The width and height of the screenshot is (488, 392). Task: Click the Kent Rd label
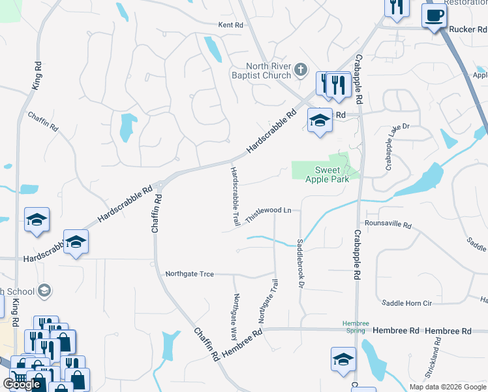click(230, 25)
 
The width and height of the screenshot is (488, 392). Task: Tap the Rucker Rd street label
click(468, 29)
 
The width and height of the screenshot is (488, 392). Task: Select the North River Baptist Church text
click(268, 71)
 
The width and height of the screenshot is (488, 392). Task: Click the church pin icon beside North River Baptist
click(301, 69)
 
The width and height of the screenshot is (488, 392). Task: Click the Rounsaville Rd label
click(388, 225)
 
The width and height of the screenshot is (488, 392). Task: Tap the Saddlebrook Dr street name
click(301, 259)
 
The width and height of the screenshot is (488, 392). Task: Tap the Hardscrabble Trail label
click(234, 196)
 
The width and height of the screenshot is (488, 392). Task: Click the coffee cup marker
click(434, 14)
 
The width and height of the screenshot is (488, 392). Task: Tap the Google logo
click(22, 384)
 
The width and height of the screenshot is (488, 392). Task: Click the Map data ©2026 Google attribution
click(447, 387)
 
